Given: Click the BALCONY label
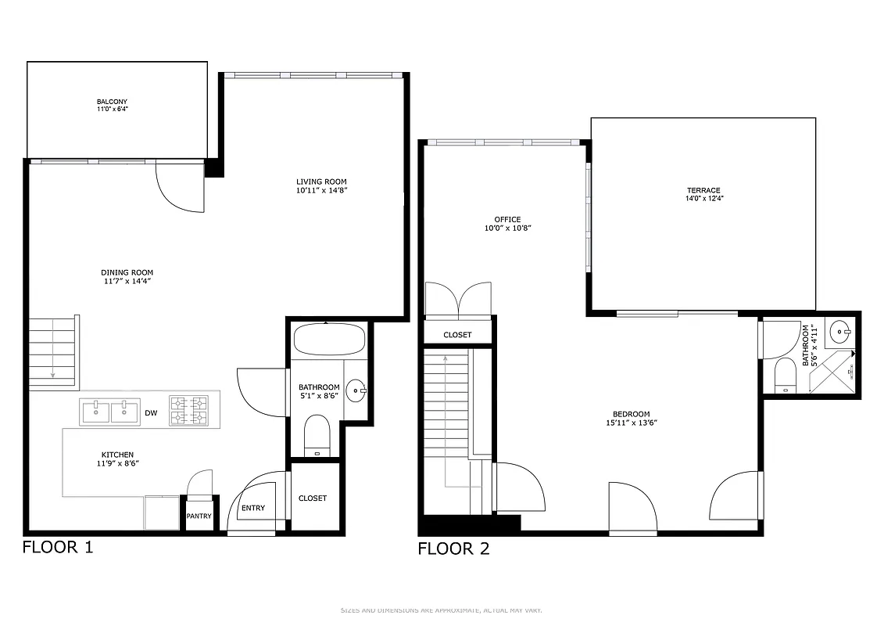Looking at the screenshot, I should coord(112,102).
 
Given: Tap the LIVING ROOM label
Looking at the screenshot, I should coord(321,182).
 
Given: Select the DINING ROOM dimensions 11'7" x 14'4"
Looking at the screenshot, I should coord(127,281).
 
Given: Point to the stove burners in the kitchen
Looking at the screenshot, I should coord(189,410).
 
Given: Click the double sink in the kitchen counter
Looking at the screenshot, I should coord(110,411).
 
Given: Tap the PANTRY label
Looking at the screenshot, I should coord(199,516).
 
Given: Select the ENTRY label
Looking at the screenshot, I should coord(252,508).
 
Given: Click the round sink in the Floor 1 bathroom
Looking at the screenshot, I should coord(356,390).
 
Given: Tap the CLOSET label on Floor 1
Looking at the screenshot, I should coord(313,498).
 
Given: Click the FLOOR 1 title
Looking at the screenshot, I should coord(57,547).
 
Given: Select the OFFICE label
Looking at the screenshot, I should coord(507,219).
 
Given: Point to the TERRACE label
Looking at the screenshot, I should coord(703,190).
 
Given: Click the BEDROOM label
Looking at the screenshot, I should coord(631,415).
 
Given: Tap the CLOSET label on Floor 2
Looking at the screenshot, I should coord(457,335).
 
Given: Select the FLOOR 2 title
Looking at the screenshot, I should coord(453,549).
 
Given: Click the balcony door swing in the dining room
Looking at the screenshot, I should coord(179,188).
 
